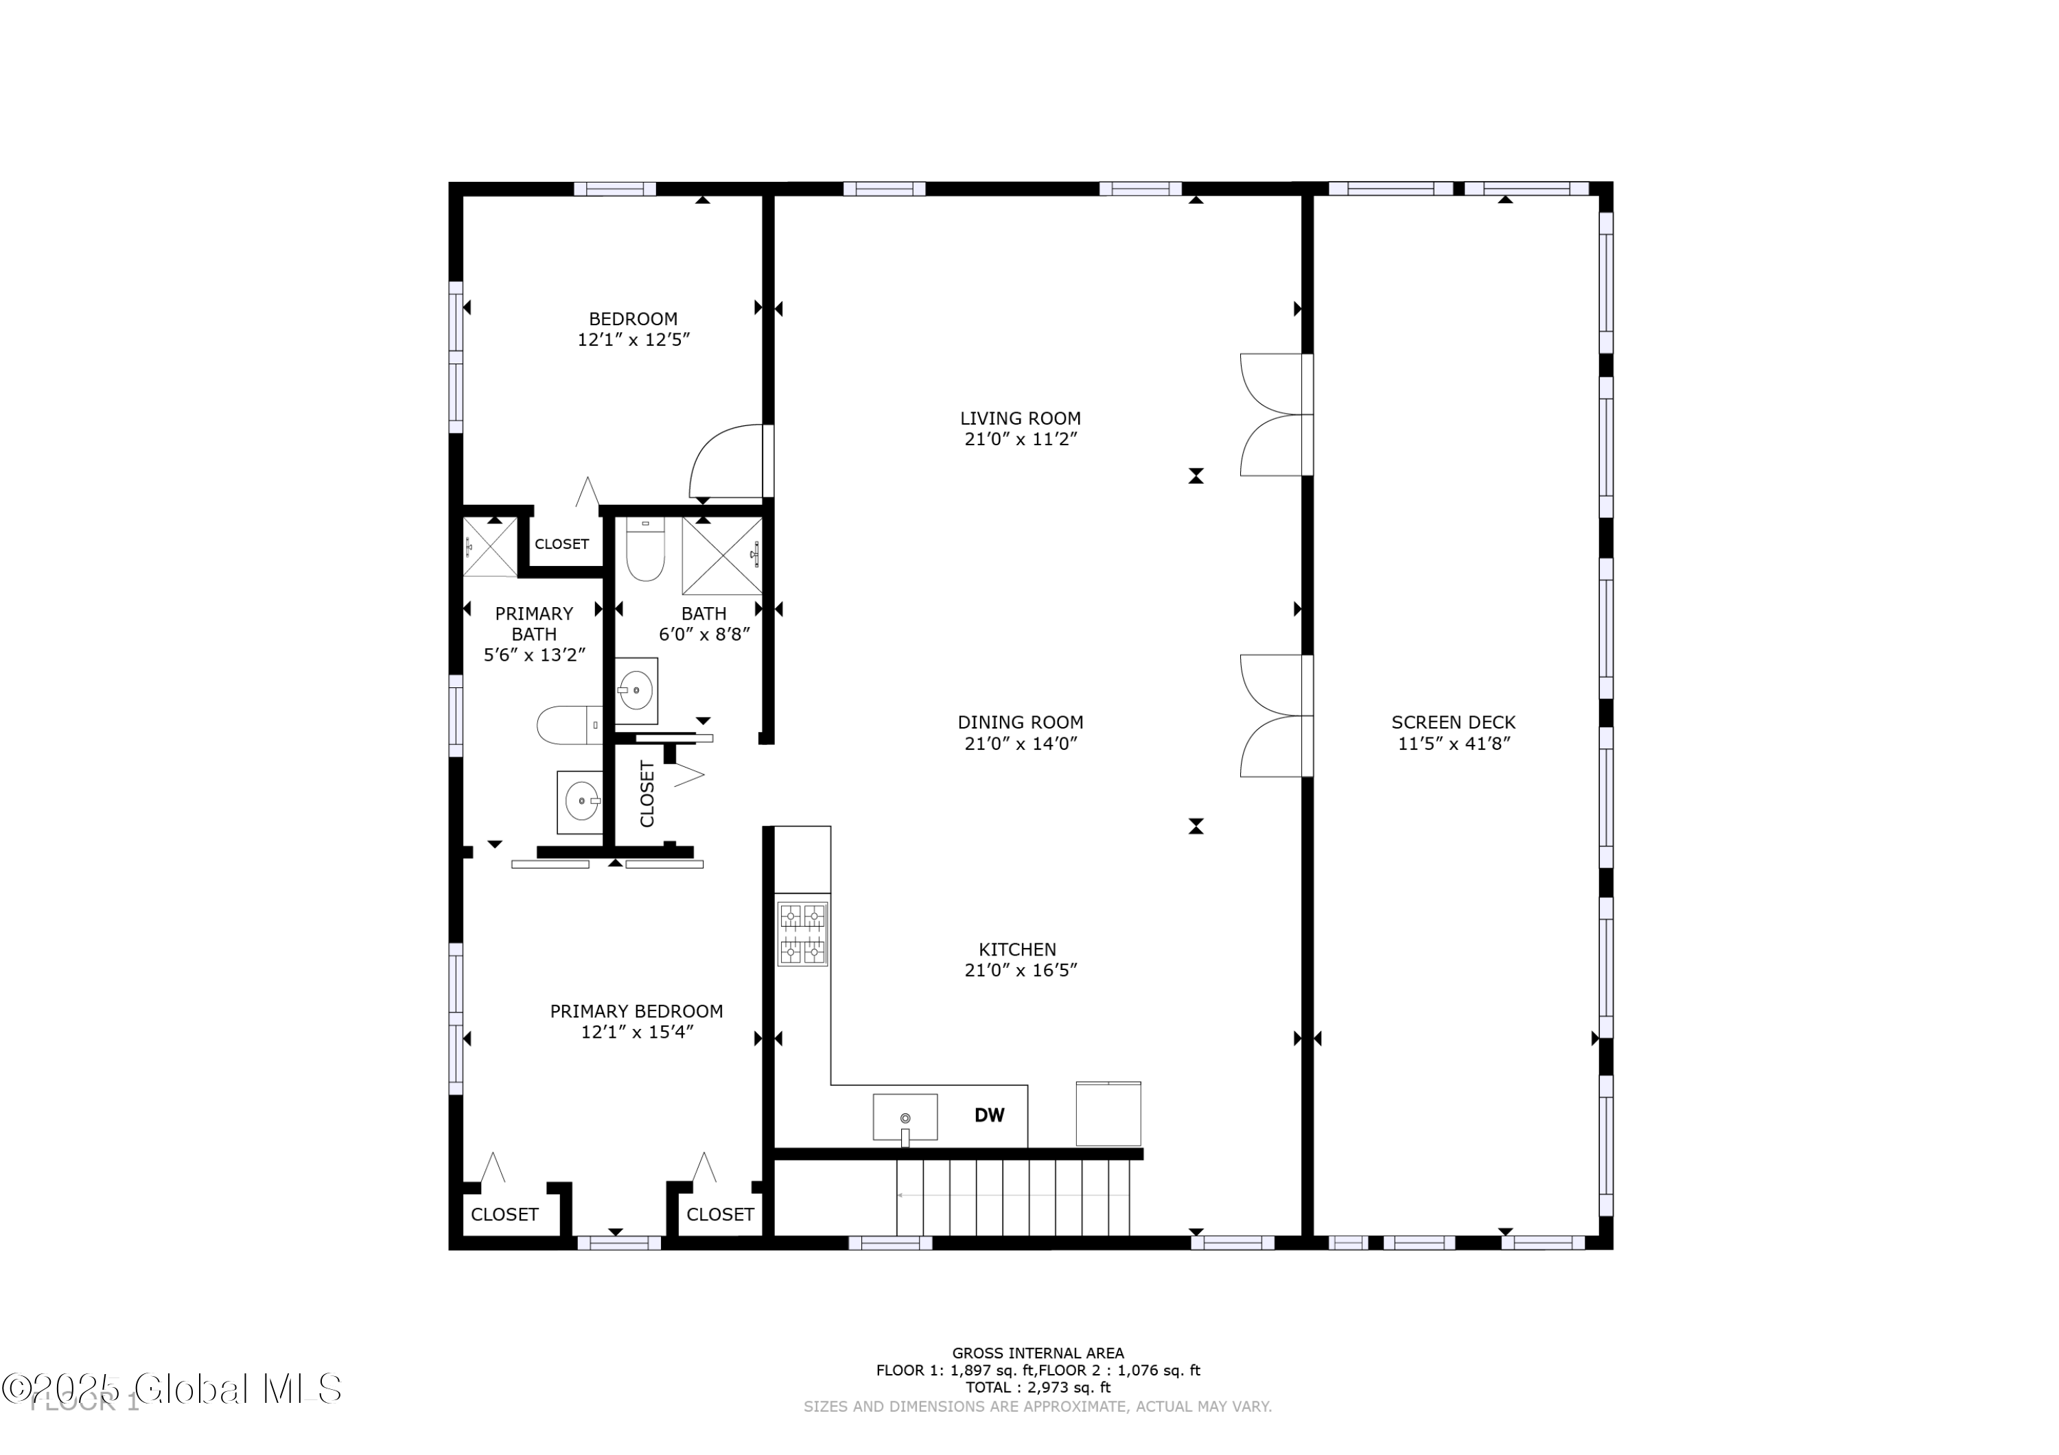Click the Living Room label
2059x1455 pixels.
click(1020, 418)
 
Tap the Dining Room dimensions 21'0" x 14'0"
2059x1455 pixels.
click(1020, 743)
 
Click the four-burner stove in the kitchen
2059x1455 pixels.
click(802, 933)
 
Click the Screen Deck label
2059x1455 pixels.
click(1453, 722)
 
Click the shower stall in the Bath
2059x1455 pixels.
click(722, 556)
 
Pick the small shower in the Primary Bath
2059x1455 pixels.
click(489, 547)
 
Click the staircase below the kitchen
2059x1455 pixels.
click(1012, 1198)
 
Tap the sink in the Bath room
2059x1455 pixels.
click(636, 690)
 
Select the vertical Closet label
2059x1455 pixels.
click(647, 794)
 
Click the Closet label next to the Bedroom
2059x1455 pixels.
click(561, 544)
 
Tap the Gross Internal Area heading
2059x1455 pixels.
click(1038, 1353)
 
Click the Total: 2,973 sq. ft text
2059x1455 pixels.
click(1038, 1388)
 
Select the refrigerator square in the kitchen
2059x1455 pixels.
click(1108, 1114)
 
